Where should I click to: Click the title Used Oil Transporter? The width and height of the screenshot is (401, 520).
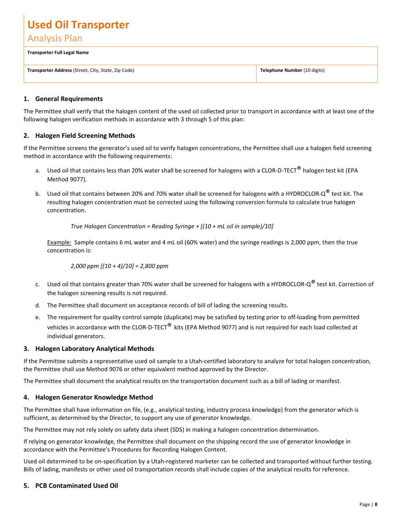pos(78,25)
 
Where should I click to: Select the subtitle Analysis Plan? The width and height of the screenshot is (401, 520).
pos(55,38)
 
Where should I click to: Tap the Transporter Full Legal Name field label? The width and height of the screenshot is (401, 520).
pos(58,52)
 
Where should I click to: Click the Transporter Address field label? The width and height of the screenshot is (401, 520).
pos(49,70)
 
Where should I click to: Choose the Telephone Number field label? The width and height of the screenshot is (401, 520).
pos(281,70)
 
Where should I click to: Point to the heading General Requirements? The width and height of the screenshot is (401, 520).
pos(69,99)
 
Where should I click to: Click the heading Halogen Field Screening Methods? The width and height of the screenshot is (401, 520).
pos(85,136)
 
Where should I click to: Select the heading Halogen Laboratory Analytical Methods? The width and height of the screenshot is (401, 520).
pos(95,349)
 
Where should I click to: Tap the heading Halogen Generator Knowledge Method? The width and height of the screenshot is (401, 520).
pos(94,397)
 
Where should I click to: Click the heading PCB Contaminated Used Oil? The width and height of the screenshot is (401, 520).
pos(76,486)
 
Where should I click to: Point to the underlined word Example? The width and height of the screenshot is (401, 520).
pos(59,242)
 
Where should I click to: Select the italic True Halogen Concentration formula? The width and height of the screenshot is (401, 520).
pos(172,226)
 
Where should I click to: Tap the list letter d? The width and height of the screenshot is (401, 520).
pos(38,305)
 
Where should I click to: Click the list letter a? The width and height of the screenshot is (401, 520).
pos(38,170)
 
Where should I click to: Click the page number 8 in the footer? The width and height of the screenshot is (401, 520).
pos(376,504)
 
